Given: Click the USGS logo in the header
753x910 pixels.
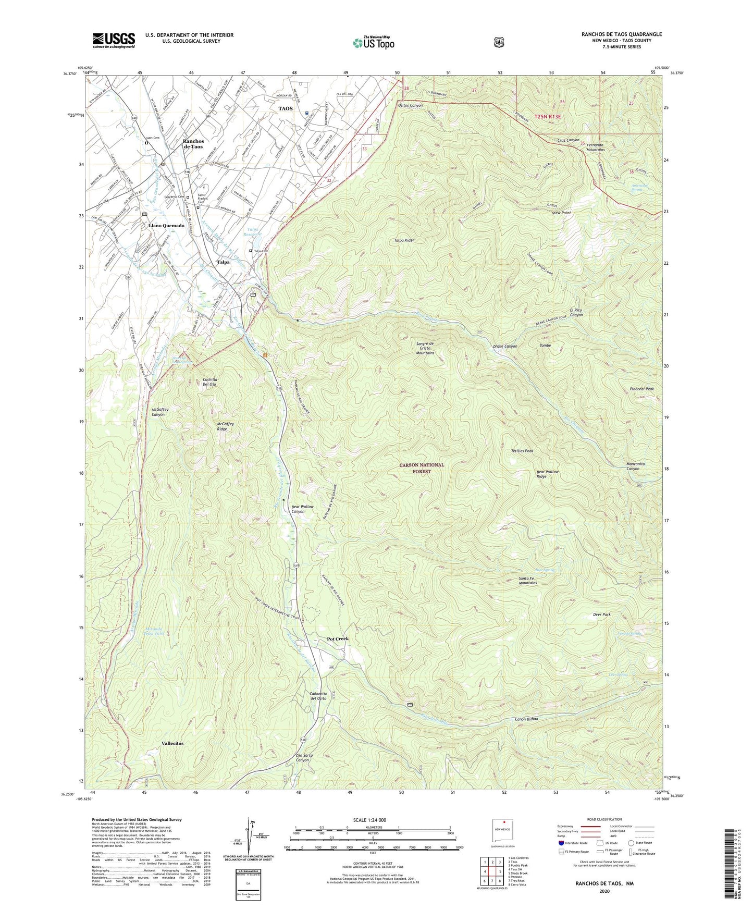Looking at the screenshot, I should [x=114, y=40].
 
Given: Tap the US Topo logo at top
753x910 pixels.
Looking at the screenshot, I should [x=373, y=43].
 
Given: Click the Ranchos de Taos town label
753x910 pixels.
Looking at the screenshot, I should [x=193, y=144].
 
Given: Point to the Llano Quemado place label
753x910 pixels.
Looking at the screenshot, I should [x=166, y=226].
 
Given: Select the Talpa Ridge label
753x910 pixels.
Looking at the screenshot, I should [x=404, y=240].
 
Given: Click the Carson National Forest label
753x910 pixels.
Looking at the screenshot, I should [x=422, y=468].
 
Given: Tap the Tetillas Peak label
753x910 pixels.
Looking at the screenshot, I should [x=522, y=451].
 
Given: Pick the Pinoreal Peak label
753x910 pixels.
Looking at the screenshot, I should [x=641, y=389].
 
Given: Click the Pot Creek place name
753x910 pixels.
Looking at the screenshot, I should [x=337, y=638].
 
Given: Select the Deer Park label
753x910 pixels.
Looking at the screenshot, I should [x=602, y=614].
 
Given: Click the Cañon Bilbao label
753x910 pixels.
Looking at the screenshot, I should [x=526, y=719].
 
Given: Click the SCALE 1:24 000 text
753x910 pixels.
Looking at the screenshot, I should [x=369, y=820].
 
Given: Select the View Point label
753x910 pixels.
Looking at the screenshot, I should [x=561, y=213].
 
